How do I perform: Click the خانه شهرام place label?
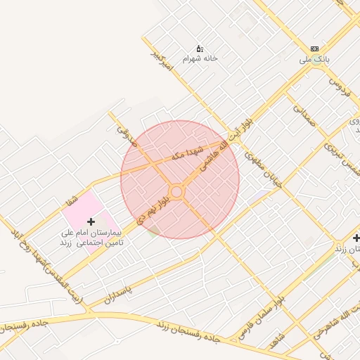point(200,59)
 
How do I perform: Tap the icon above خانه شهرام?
point(200,49)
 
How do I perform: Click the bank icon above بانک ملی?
point(314,49)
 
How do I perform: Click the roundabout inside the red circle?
point(176,191)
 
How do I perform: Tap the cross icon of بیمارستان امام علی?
point(91,221)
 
